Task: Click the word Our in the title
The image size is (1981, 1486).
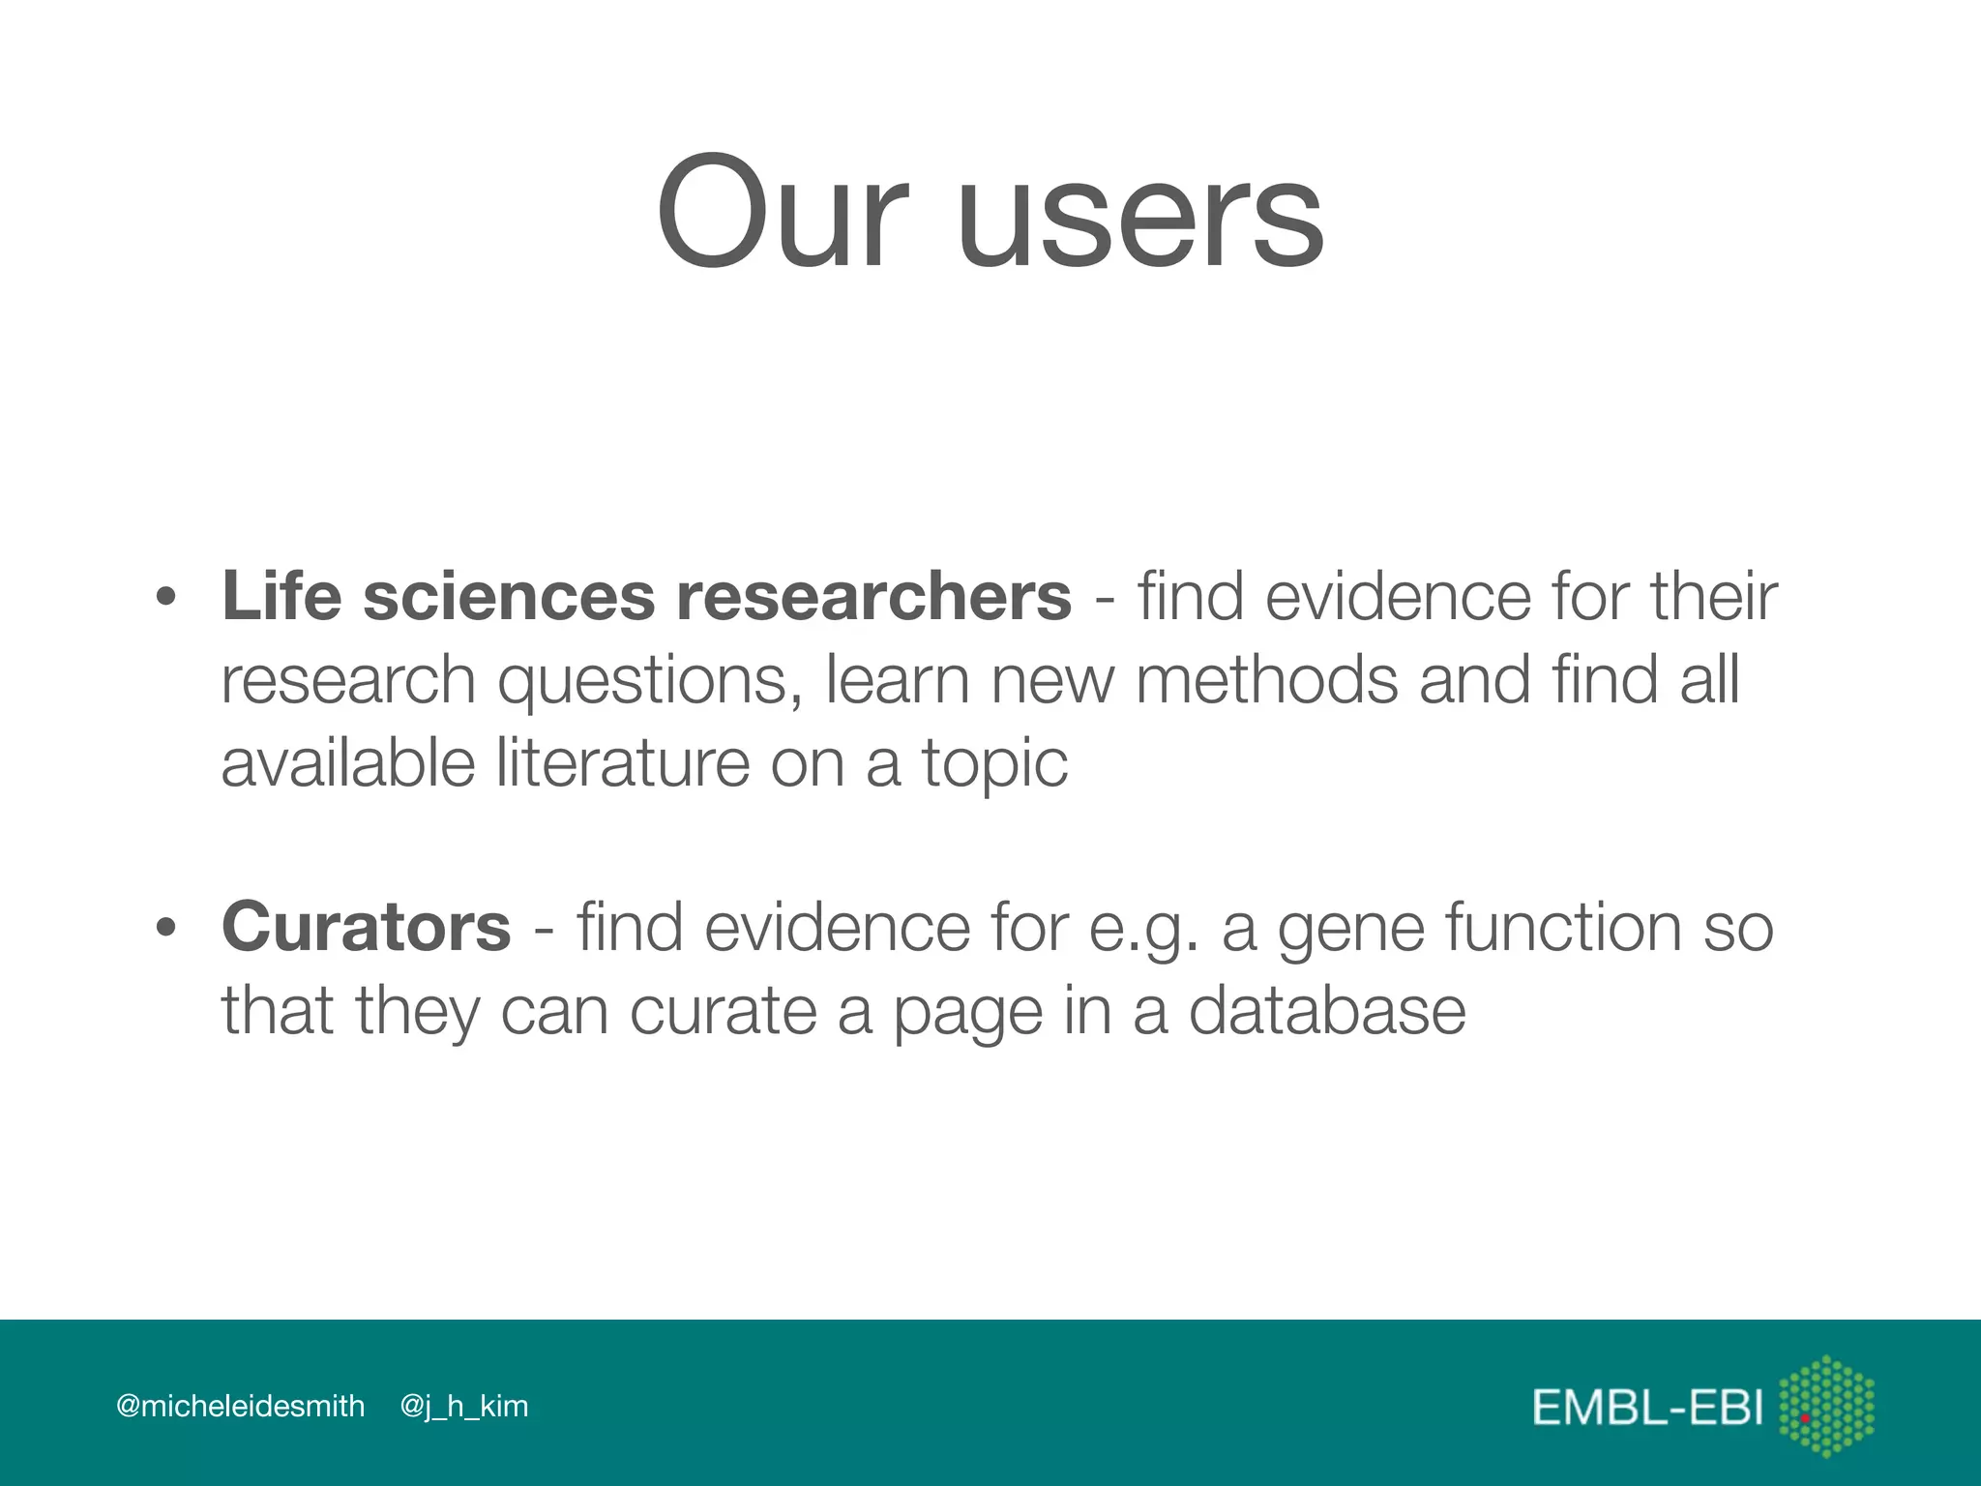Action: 782,214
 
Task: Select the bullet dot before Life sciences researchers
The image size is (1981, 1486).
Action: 166,597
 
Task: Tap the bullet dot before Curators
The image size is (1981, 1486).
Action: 166,928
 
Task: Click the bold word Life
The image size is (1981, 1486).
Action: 281,595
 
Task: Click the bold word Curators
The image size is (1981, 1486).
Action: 366,928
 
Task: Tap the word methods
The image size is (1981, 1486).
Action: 1266,680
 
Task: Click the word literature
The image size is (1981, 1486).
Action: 623,763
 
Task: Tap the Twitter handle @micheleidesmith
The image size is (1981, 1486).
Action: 240,1406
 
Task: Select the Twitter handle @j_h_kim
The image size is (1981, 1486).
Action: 464,1407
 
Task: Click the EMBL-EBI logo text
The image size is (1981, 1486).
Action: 1647,1408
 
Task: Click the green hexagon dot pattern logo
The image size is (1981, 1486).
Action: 1826,1406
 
